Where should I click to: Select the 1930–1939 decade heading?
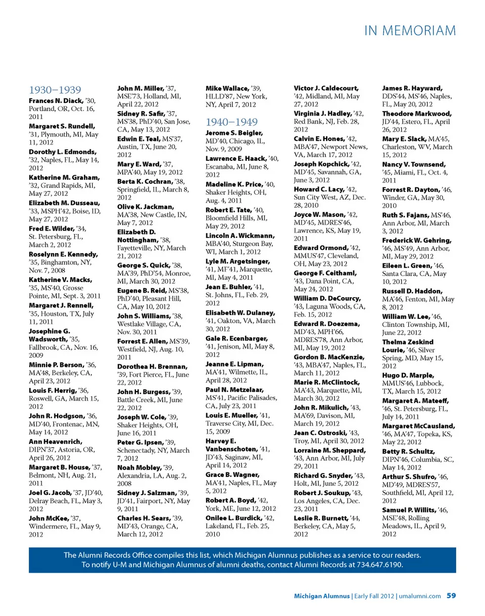55,90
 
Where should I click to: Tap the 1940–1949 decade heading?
232,122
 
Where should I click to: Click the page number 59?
452,596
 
